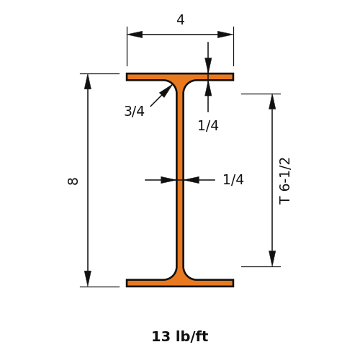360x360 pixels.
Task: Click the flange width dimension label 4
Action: coord(181,19)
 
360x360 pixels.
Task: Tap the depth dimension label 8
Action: coord(73,181)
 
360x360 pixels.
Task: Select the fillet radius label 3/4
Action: coord(135,111)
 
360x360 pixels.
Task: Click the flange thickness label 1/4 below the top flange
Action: coord(208,125)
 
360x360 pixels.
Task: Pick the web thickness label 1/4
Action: coord(233,179)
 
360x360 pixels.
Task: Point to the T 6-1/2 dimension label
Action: coord(285,181)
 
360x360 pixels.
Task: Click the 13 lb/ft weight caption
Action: coord(180,336)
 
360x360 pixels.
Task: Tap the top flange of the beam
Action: coord(180,77)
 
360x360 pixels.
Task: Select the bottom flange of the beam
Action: coord(180,283)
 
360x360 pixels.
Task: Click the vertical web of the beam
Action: coord(180,180)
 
